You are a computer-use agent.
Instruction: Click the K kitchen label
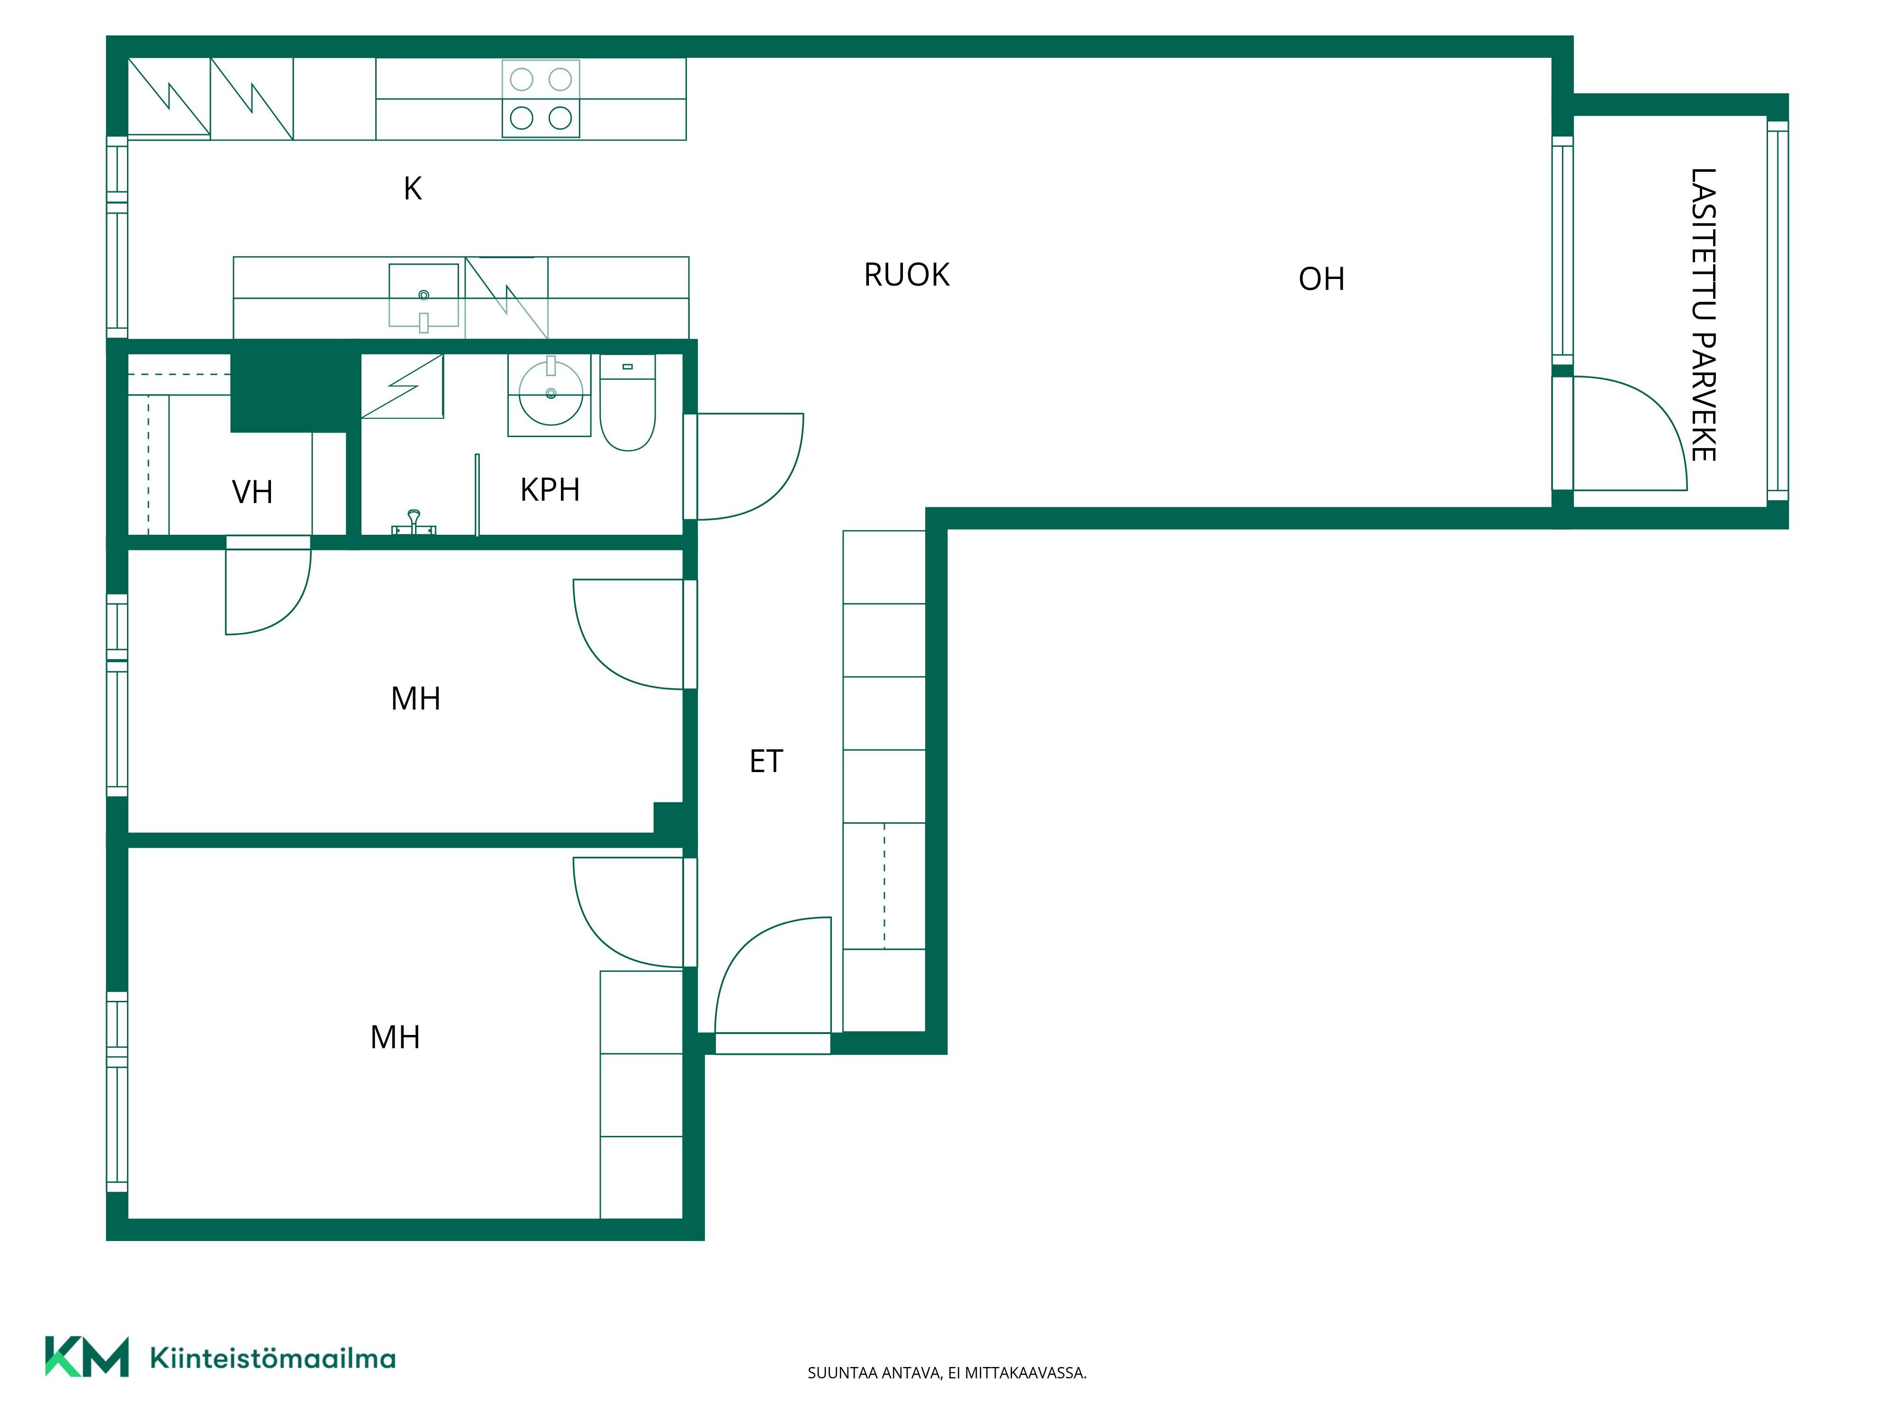[x=413, y=189]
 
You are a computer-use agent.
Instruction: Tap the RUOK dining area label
[x=906, y=275]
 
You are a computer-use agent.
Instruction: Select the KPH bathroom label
[x=550, y=490]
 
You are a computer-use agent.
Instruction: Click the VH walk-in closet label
[x=253, y=493]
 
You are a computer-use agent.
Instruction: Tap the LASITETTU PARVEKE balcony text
[x=1703, y=315]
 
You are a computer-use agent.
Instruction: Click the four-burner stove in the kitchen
[x=541, y=99]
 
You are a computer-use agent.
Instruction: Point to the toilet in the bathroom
[x=628, y=403]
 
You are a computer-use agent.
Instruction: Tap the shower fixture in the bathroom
[x=414, y=522]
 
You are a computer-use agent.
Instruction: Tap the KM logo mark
[x=87, y=1356]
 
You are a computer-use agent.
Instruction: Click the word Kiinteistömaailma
[x=272, y=1358]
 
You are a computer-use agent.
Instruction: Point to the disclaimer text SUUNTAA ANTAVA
[x=874, y=1373]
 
